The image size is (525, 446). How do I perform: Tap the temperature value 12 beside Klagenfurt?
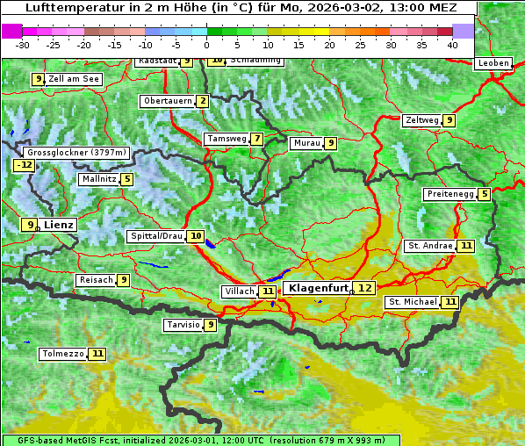(364, 288)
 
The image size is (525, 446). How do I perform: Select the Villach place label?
(238, 291)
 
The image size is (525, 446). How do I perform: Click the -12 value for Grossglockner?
(25, 164)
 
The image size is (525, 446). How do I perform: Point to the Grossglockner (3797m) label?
(77, 152)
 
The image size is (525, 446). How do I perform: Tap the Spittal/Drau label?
(155, 236)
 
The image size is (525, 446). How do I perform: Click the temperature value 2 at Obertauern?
(203, 101)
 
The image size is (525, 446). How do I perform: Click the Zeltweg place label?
(421, 120)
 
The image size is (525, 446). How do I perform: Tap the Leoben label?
(493, 63)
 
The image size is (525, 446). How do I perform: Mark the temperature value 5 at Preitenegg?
(485, 194)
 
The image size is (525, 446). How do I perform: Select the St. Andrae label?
(429, 246)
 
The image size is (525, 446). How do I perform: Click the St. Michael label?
(413, 302)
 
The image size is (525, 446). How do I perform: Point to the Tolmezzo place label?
(62, 354)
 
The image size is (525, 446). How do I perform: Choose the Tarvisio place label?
(183, 325)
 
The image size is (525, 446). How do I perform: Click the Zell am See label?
(74, 79)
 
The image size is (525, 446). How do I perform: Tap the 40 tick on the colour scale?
(452, 45)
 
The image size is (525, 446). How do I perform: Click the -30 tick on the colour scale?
(23, 45)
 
